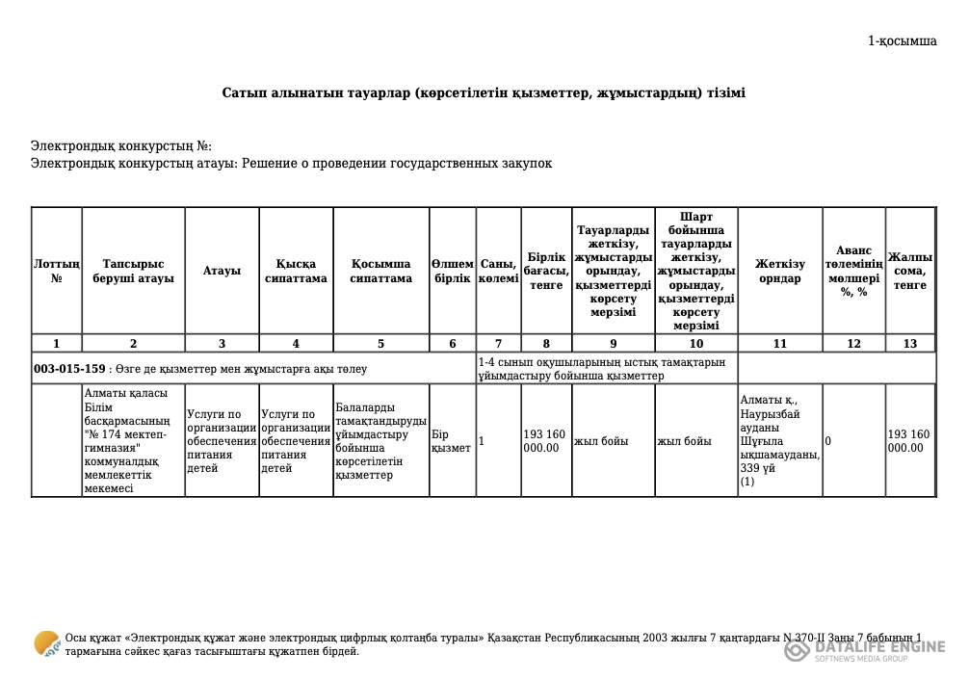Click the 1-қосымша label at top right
[x=902, y=41]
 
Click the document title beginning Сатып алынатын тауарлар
[x=484, y=93]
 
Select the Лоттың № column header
[x=56, y=271]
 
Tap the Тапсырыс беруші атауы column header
[x=133, y=271]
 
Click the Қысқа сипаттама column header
[x=296, y=271]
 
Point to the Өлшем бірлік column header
[x=452, y=271]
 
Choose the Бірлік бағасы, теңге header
[x=546, y=271]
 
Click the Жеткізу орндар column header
[x=779, y=271]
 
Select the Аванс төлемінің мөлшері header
[x=853, y=271]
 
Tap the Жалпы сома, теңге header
[x=910, y=271]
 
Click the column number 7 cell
[x=498, y=344]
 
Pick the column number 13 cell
[x=910, y=344]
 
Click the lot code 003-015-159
[x=69, y=369]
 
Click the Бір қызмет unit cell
[x=451, y=441]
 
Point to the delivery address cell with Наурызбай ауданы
[x=778, y=440]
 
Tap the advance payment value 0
[x=828, y=441]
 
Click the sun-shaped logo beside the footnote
[x=46, y=643]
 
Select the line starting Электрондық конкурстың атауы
[x=291, y=164]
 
